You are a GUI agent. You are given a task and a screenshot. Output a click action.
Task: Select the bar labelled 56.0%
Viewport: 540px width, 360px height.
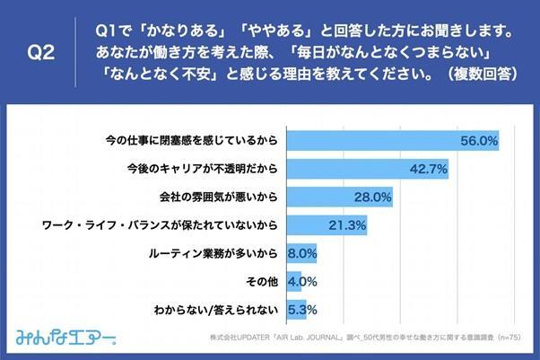tap(386, 141)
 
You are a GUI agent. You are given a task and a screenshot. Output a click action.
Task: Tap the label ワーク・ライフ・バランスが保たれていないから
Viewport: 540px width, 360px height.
tap(161, 224)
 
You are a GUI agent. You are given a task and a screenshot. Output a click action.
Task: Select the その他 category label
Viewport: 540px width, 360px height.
tap(260, 281)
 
